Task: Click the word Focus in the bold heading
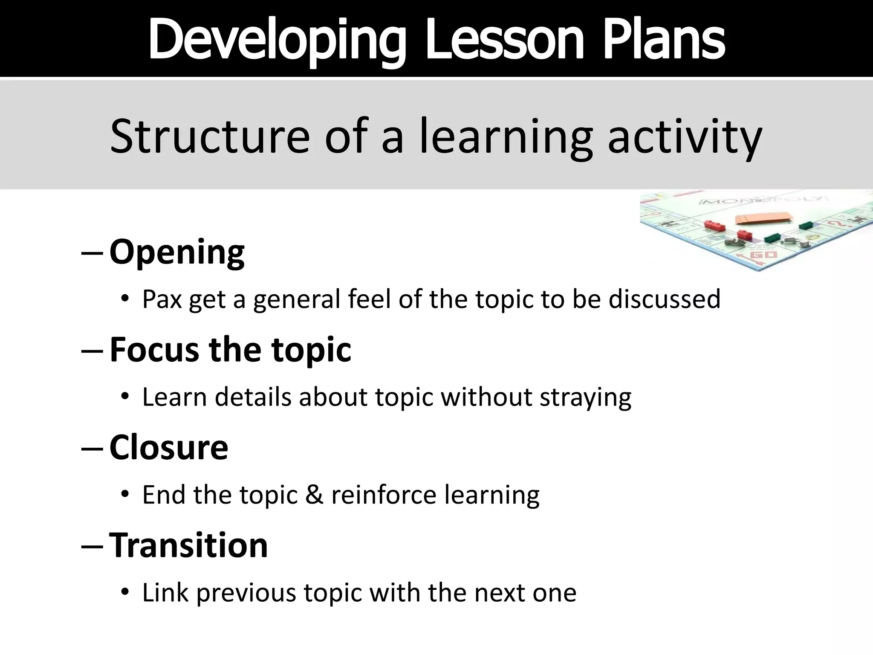click(154, 350)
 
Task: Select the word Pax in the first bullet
click(162, 299)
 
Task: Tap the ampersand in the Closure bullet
click(314, 495)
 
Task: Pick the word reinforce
click(384, 495)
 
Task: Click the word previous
click(246, 593)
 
